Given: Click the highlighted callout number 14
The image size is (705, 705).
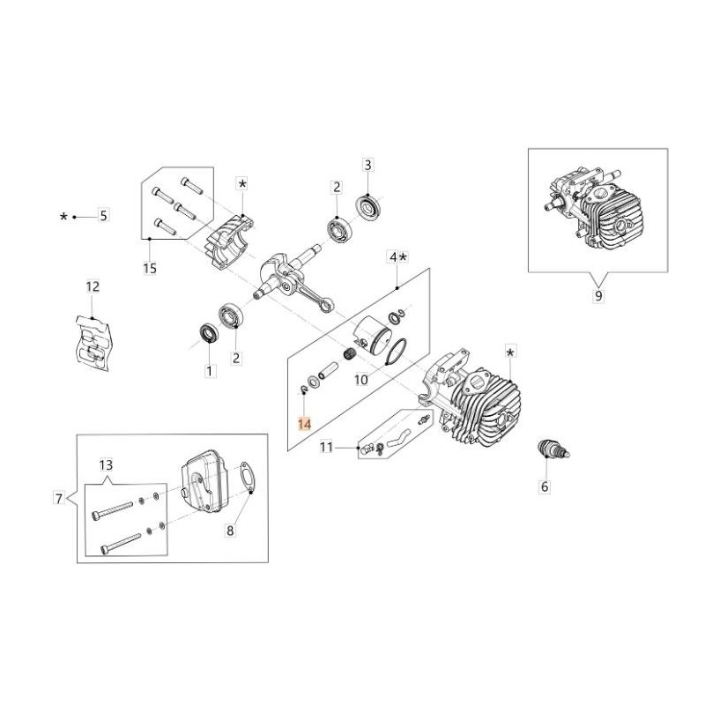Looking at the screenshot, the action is pos(304,424).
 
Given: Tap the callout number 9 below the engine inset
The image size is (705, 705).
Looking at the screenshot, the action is pos(598,296).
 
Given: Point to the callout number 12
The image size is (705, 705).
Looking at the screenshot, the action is pos(93,286).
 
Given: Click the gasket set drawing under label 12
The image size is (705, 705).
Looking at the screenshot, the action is pos(93,343).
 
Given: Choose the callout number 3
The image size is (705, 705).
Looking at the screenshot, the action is pos(367,165).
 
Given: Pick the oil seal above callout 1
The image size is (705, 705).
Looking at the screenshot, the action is pos(209,333).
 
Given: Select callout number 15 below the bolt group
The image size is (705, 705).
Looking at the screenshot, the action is pos(150,269).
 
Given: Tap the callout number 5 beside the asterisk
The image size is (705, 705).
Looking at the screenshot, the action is pos(104,215).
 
